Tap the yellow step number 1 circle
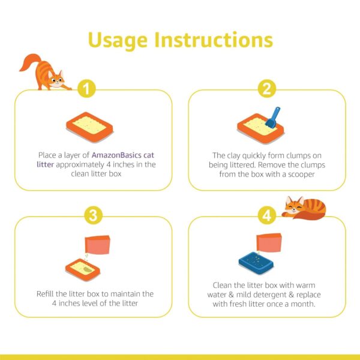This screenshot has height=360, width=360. [x=87, y=89]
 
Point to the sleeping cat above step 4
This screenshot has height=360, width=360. [x=305, y=208]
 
